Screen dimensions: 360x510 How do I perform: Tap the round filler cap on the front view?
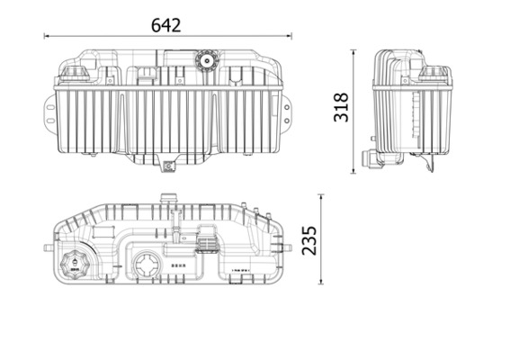point(203,64)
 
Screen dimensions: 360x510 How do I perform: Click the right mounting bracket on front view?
point(287,107)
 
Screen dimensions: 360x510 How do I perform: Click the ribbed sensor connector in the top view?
point(206,243)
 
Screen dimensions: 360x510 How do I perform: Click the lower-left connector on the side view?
point(367,161)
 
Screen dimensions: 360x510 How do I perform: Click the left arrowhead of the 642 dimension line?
point(46,37)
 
